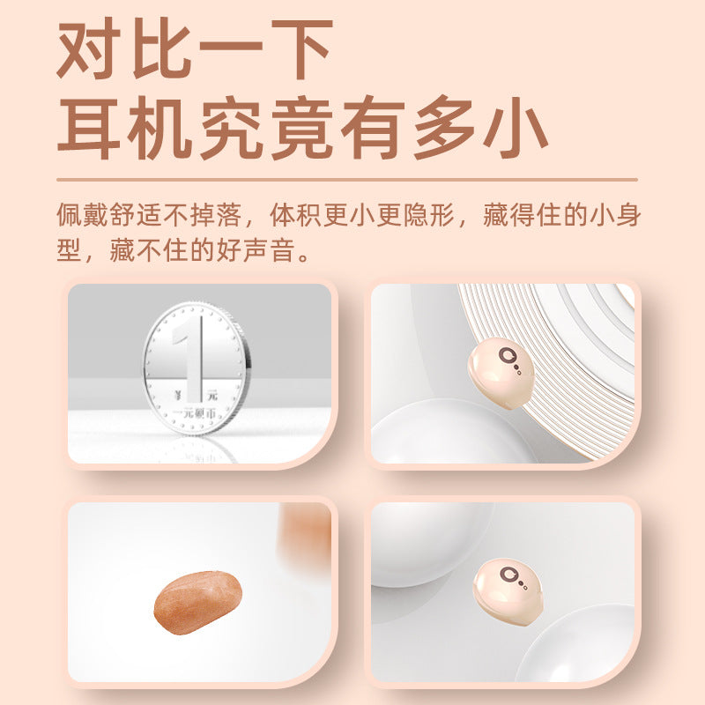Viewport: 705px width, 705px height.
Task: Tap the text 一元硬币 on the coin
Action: pyautogui.click(x=195, y=413)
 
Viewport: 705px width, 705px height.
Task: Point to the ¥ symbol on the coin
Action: pyautogui.click(x=179, y=396)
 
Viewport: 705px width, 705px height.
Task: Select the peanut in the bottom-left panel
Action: pyautogui.click(x=197, y=602)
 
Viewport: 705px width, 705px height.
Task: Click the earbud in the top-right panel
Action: pyautogui.click(x=501, y=373)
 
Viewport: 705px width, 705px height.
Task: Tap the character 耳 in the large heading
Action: pyautogui.click(x=89, y=128)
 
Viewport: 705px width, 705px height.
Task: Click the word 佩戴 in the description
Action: pyautogui.click(x=83, y=215)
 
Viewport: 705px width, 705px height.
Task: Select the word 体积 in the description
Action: pyautogui.click(x=295, y=215)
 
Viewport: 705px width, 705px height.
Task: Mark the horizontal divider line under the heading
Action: pyautogui.click(x=347, y=180)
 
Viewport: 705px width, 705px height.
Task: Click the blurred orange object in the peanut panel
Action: pyautogui.click(x=305, y=535)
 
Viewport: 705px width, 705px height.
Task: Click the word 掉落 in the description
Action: pyautogui.click(x=215, y=215)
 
